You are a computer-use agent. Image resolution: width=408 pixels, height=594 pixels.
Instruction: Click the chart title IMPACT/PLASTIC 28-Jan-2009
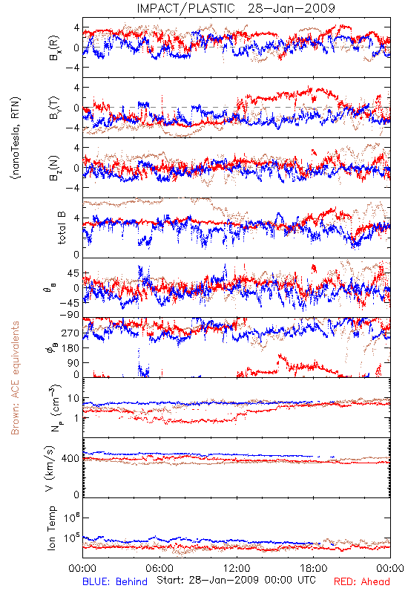point(236,8)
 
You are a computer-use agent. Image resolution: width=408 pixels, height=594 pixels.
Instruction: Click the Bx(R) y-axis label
point(53,48)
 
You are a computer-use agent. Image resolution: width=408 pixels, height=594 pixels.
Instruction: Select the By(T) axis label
point(53,108)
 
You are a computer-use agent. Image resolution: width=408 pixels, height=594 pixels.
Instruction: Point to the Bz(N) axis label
point(53,168)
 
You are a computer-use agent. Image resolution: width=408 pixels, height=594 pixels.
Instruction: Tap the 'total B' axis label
point(62,228)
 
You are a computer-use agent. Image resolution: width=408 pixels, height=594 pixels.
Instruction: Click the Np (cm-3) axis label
point(55,408)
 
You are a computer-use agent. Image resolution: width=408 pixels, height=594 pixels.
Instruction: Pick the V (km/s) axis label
point(50,469)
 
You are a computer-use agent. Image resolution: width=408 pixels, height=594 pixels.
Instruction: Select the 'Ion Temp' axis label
point(51,528)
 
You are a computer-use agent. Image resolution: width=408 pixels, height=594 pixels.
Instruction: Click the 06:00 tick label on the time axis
point(159,568)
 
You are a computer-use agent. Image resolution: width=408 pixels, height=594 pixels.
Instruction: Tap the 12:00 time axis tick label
point(237,568)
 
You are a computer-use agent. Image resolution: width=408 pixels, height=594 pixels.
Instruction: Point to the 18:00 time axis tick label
point(314,568)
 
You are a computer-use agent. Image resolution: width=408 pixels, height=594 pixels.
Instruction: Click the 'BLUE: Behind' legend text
point(115,581)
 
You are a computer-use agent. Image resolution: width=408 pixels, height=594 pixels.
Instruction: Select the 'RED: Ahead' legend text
point(361,581)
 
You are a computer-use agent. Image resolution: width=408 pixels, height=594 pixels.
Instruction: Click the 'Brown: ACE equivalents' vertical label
point(15,378)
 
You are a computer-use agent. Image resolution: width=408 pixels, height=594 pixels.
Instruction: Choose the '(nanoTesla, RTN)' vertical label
point(16,137)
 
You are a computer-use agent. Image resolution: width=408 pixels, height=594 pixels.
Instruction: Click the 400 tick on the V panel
point(70,459)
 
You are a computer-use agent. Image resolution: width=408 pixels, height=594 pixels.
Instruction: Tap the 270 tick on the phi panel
point(70,333)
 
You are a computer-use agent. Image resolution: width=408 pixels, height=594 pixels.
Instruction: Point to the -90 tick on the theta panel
point(69,315)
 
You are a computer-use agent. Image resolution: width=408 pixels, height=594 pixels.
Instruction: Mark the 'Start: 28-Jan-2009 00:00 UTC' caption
point(236,580)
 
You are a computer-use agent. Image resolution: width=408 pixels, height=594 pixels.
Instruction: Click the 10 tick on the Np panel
point(73,399)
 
